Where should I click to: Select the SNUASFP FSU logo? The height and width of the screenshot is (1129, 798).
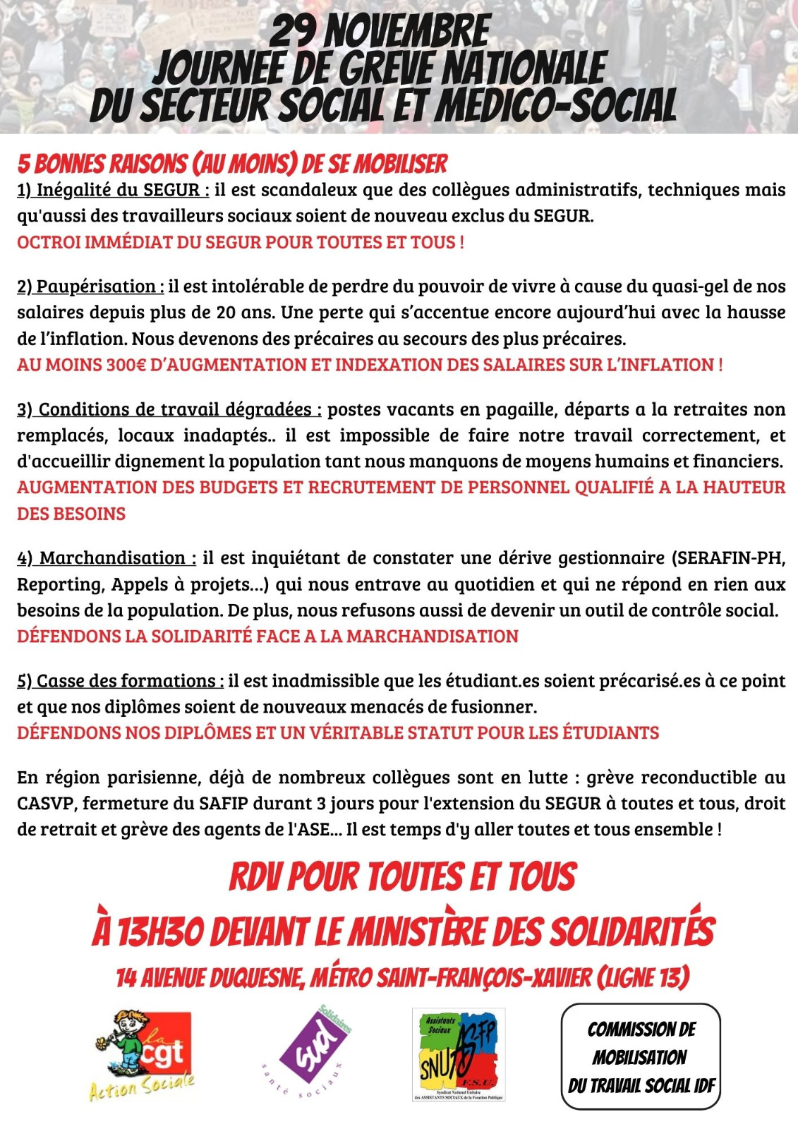[x=459, y=1053]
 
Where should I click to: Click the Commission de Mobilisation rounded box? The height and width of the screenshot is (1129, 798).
[x=641, y=1056]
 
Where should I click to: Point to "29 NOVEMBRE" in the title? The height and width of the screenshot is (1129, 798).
[x=380, y=32]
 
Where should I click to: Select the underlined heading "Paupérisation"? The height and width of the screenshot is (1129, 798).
[x=90, y=286]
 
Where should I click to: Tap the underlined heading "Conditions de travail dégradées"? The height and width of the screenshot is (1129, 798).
[x=169, y=409]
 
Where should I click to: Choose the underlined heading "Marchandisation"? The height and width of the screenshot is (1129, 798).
[x=107, y=558]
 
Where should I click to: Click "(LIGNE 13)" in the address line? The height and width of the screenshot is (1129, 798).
[x=643, y=978]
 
